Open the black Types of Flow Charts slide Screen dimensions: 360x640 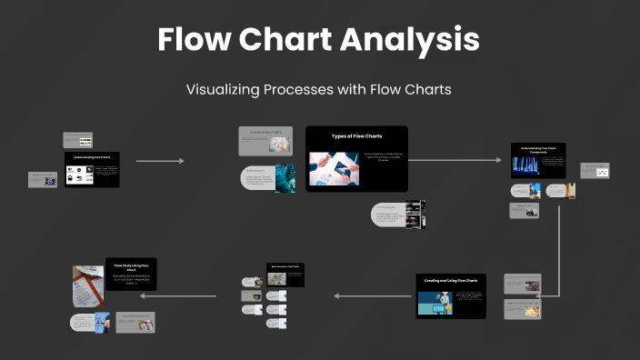(356, 158)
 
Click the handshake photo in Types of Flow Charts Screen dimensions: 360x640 (334, 169)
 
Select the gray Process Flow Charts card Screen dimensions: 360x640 (265, 142)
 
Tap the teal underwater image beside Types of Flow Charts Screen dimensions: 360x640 (285, 178)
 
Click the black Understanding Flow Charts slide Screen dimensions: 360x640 (92, 169)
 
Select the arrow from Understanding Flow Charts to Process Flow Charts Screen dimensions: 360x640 (160, 161)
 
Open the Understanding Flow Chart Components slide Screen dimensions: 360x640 (538, 161)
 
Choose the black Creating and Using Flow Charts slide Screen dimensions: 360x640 (451, 296)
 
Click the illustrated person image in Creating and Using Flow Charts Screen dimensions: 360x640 (435, 304)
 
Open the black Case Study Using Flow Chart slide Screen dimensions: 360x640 (131, 274)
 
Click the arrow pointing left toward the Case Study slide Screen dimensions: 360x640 (190, 295)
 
